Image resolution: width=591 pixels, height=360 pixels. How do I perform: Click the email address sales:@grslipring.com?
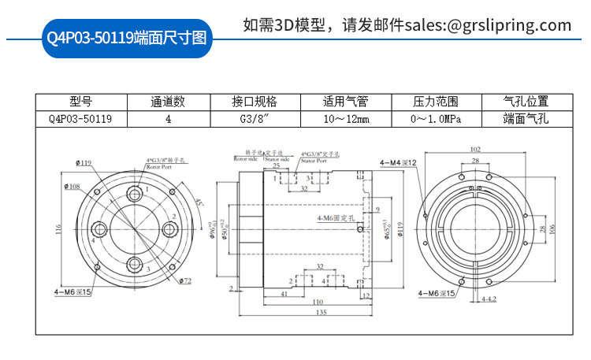pos(489,25)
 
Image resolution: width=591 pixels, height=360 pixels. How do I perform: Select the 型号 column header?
pos(80,102)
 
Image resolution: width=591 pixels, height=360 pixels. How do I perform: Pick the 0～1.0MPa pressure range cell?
pos(436,119)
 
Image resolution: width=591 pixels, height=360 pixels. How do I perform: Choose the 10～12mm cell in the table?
pos(345,119)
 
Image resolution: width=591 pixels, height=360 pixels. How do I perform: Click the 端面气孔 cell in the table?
pos(526,119)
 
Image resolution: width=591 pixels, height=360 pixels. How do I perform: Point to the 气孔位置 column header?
pos(526,102)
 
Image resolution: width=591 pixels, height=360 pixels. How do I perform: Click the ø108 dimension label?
pos(72,187)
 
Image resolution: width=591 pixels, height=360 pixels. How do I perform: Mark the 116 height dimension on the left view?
pos(58,228)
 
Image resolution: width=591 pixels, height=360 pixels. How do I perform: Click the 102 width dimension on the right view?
pos(475,148)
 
